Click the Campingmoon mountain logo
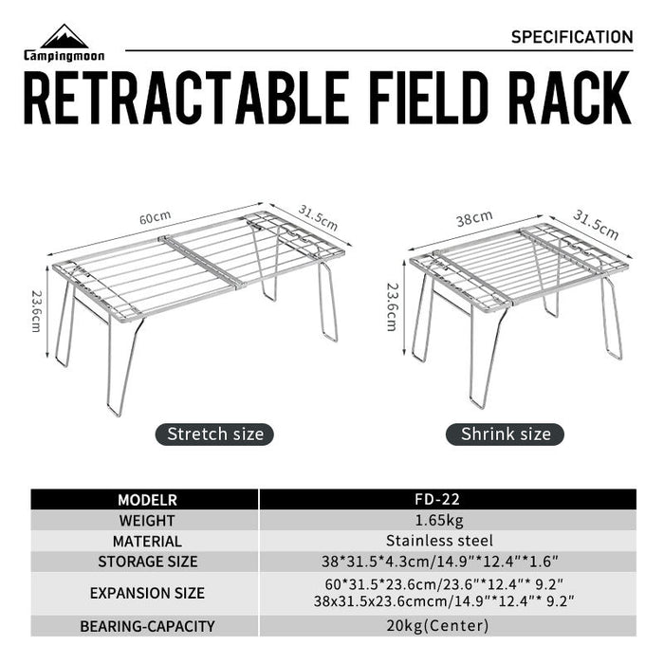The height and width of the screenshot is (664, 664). click(65, 38)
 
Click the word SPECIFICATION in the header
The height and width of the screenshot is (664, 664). click(571, 37)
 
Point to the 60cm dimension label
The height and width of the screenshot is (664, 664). click(155, 219)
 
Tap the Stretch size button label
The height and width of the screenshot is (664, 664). click(215, 434)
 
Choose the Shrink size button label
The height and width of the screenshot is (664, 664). click(506, 434)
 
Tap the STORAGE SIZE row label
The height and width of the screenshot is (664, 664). click(147, 562)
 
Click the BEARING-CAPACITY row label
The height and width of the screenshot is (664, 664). click(147, 626)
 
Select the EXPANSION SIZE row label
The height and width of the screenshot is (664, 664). click(147, 594)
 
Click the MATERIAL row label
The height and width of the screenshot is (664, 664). click(147, 541)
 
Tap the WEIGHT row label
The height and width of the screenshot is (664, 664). click(147, 521)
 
